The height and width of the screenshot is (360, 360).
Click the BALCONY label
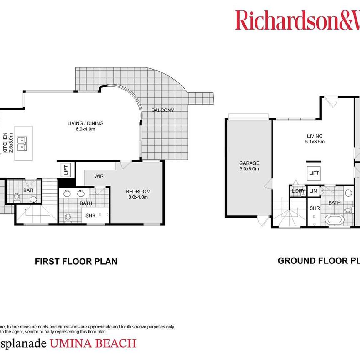(162, 110)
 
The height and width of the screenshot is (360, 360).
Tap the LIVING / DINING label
(85, 123)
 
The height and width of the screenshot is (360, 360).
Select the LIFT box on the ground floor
(313, 172)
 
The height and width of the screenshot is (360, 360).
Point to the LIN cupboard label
(313, 191)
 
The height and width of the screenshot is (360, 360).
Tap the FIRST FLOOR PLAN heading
(76, 262)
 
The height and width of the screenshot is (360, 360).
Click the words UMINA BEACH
(93, 343)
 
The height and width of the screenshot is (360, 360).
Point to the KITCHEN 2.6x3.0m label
(8, 143)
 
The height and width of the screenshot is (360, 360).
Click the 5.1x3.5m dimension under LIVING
(315, 142)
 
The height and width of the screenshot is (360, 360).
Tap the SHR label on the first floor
(90, 215)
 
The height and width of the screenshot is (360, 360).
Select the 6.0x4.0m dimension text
(85, 129)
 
